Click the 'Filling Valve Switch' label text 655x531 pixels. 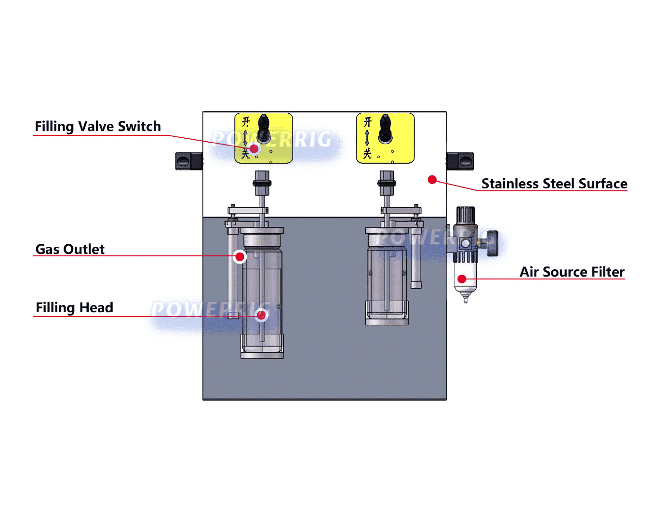98,126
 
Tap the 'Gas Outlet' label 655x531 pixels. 70,249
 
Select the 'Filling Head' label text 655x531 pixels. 74,307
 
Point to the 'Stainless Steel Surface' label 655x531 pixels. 554,184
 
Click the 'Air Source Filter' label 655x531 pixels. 572,272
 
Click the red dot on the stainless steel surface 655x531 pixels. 432,180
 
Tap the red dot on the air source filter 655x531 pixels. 462,279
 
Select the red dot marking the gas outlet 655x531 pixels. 240,256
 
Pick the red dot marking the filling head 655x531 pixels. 261,315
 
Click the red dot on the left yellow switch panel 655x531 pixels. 254,148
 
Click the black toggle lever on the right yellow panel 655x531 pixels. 385,128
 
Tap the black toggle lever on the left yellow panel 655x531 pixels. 264,128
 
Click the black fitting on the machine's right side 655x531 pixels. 460,161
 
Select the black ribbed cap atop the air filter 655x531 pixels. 466,215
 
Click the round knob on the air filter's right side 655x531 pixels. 492,243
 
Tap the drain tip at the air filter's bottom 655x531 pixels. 466,299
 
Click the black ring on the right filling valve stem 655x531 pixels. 387,183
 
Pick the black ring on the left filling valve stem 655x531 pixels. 262,183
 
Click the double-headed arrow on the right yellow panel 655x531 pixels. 367,138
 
